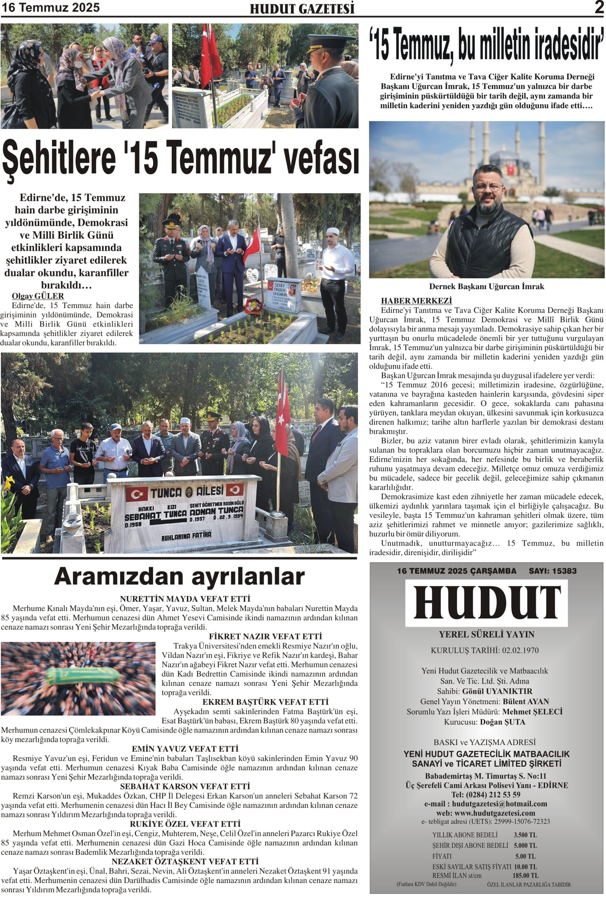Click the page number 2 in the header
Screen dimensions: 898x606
click(x=599, y=7)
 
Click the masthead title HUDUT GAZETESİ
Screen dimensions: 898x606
click(x=302, y=8)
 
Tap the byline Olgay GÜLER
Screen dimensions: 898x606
click(x=38, y=296)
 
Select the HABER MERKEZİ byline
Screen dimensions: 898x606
click(x=416, y=301)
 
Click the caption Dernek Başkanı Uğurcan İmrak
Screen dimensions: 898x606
click(x=486, y=286)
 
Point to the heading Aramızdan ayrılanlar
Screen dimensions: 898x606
click(x=179, y=577)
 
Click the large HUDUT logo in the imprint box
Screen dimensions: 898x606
click(x=486, y=603)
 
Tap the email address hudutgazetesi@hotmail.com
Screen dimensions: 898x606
click(x=499, y=803)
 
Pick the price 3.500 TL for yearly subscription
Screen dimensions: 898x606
click(x=525, y=835)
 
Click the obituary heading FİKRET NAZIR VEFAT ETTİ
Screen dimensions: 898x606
click(x=265, y=636)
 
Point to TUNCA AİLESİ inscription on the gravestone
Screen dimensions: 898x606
click(x=186, y=492)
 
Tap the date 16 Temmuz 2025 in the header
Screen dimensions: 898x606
click(x=50, y=7)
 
